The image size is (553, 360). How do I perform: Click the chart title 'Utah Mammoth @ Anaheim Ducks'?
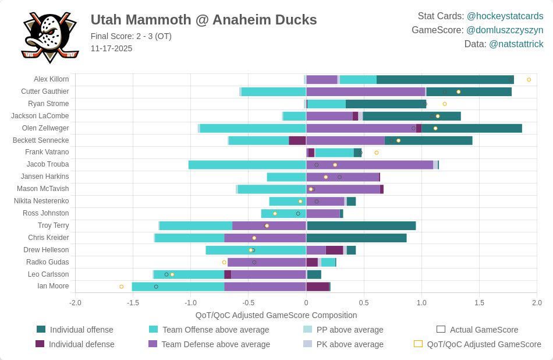coord(204,20)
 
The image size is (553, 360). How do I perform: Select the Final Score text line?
coord(131,36)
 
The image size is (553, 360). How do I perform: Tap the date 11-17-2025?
coord(111,48)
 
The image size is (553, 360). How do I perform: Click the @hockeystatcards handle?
coord(505,16)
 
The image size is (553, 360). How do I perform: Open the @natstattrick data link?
coord(516,44)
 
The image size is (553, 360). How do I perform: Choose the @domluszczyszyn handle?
coord(504,30)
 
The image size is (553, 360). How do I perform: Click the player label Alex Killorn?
coord(51,79)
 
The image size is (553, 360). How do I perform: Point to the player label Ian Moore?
coord(53,286)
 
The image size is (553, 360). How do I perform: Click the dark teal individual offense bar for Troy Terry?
coord(361,225)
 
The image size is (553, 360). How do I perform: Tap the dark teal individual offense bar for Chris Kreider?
coord(356,238)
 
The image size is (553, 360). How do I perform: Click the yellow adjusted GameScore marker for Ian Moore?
coord(122,287)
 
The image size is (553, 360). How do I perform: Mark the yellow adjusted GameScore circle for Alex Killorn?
coord(529,79)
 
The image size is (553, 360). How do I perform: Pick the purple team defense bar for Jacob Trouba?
coord(370,165)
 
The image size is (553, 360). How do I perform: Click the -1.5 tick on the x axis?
coord(133,303)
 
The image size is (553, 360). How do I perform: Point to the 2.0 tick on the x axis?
coord(536,303)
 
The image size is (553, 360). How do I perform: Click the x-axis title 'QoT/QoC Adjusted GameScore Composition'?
coord(276,315)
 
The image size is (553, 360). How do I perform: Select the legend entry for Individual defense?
coord(81,344)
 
